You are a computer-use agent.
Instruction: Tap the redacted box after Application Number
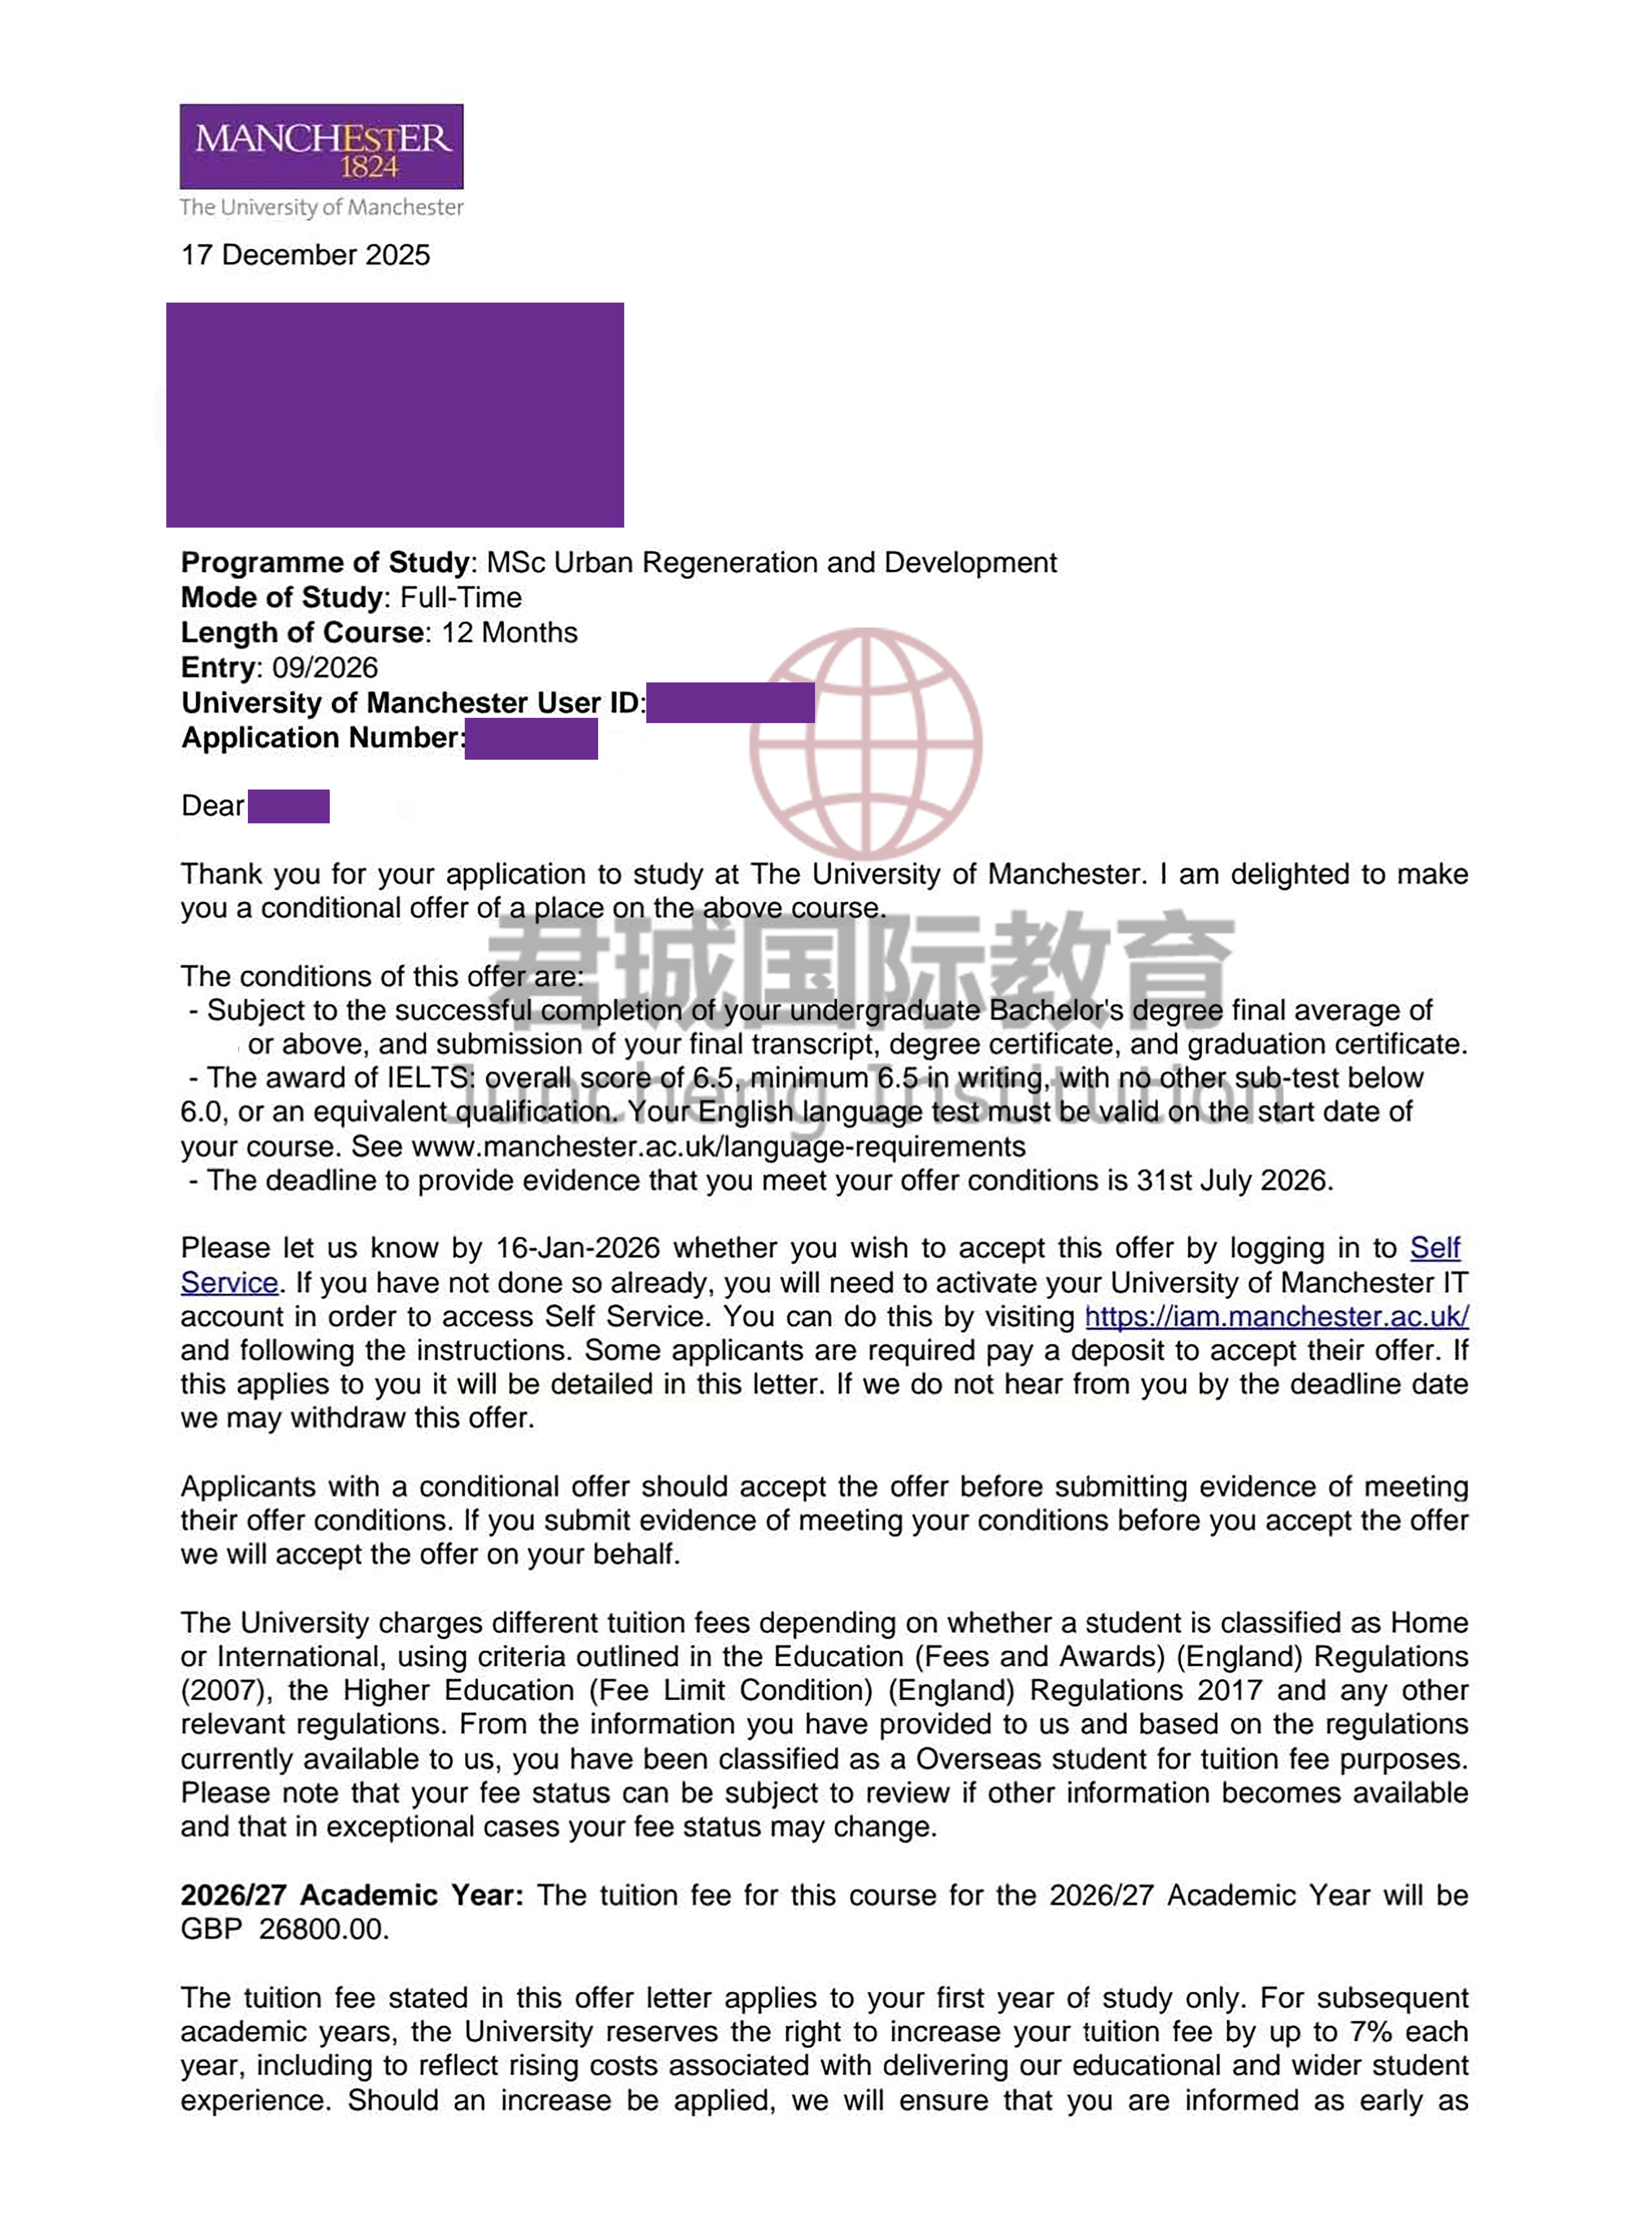[531, 739]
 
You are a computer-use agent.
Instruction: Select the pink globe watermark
[865, 744]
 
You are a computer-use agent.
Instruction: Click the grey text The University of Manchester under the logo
[321, 208]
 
